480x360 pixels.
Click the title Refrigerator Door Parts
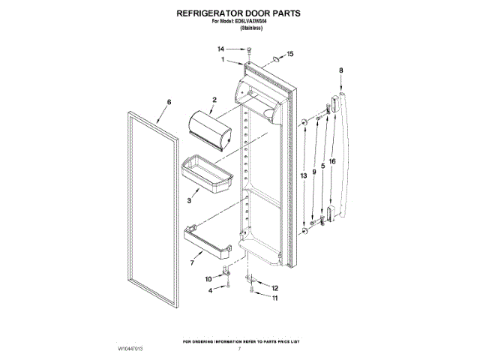(x=238, y=13)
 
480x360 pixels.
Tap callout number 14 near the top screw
(x=221, y=49)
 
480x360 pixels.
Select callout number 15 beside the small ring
(x=290, y=54)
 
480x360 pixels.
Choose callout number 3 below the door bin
(x=189, y=201)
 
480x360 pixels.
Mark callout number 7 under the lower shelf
(x=193, y=263)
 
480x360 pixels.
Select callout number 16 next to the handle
(x=331, y=161)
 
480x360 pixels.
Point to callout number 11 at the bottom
(x=274, y=298)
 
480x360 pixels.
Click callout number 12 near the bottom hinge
(x=274, y=288)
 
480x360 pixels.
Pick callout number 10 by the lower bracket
(x=209, y=279)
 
